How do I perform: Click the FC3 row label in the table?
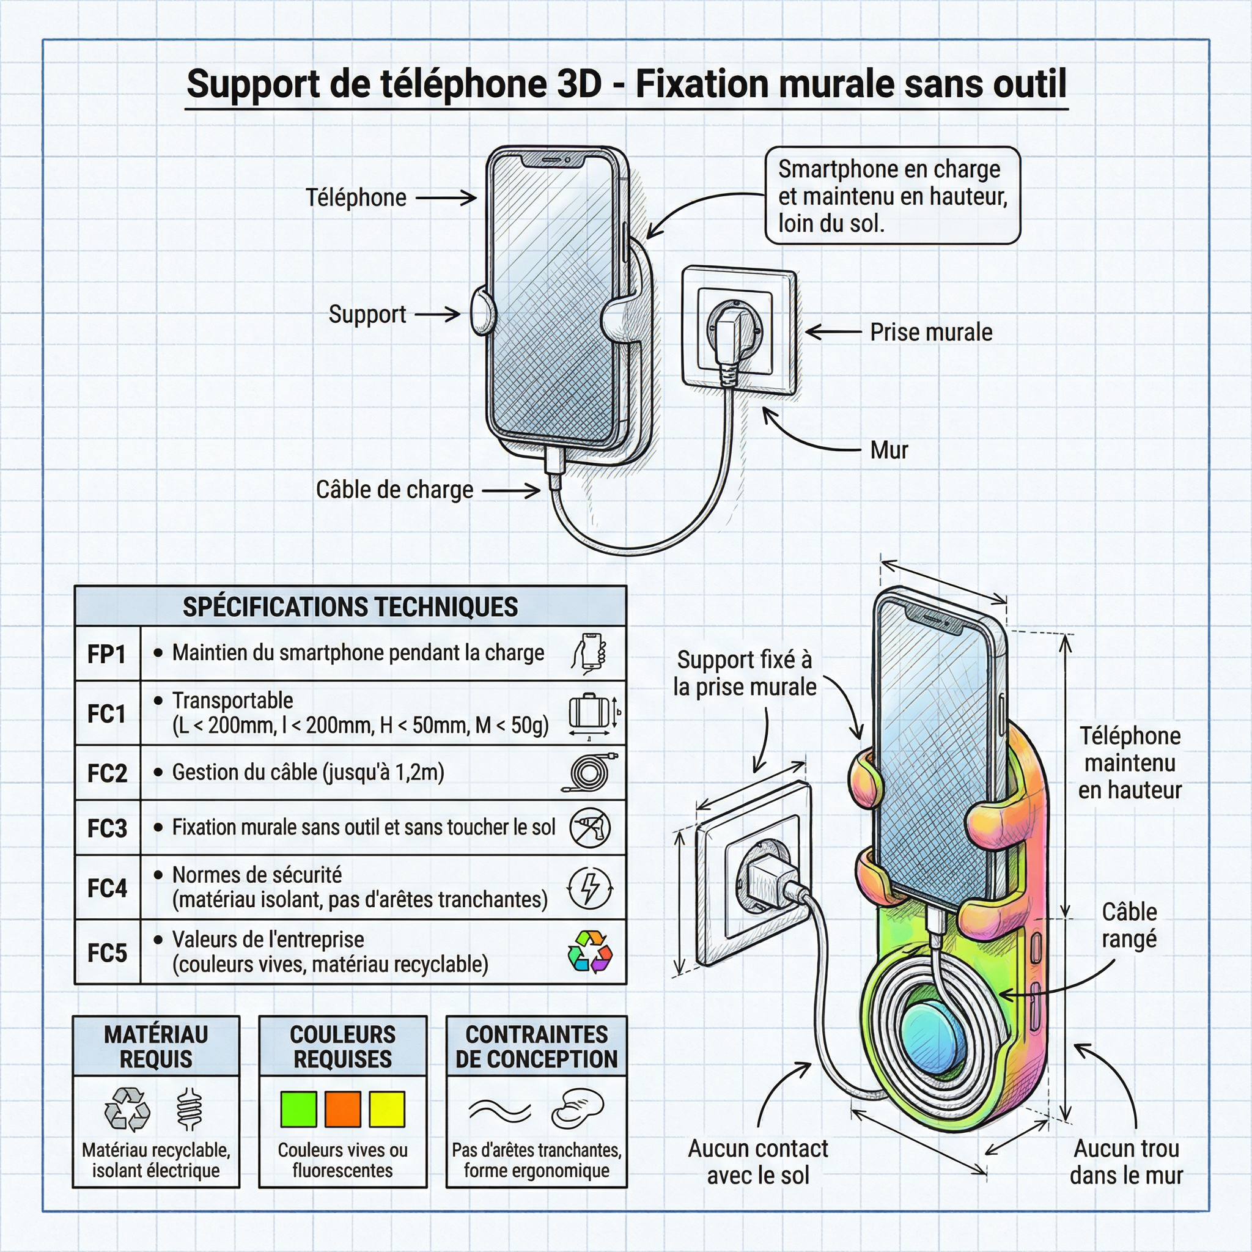coord(107,828)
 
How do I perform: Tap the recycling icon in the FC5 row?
coord(589,951)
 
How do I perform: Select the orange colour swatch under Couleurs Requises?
coord(342,1109)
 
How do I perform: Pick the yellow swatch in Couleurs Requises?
coord(387,1109)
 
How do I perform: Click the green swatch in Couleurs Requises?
coord(298,1109)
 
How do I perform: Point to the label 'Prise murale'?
coord(930,333)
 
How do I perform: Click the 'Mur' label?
coord(889,451)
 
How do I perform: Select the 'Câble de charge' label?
coord(394,490)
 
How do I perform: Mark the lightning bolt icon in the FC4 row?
coord(590,887)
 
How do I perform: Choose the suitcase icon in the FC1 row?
coord(589,712)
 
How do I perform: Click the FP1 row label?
coord(107,654)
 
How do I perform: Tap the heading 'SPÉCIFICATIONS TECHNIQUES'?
coord(350,606)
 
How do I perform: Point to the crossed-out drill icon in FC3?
coord(590,828)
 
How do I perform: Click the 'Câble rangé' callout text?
coord(1129,925)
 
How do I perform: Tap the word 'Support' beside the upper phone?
coord(367,314)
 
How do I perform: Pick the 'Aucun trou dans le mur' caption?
coord(1126,1162)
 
